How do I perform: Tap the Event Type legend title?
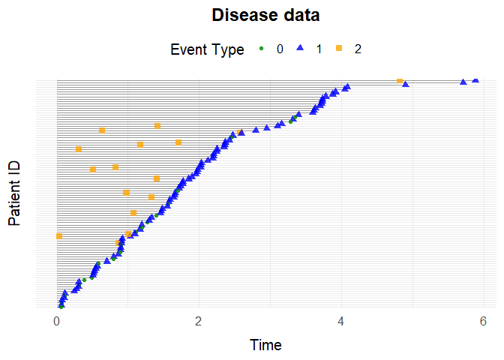pyautogui.click(x=207, y=50)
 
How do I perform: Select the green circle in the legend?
pyautogui.click(x=262, y=49)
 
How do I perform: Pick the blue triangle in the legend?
pyautogui.click(x=300, y=49)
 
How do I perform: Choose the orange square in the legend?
pyautogui.click(x=339, y=49)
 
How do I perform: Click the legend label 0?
pyautogui.click(x=280, y=50)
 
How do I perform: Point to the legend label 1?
pyautogui.click(x=319, y=50)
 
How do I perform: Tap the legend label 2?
pyautogui.click(x=358, y=50)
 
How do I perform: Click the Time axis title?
pyautogui.click(x=266, y=345)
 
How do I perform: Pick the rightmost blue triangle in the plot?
pyautogui.click(x=475, y=79)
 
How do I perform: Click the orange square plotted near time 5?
pyautogui.click(x=400, y=81)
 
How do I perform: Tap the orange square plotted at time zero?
pyautogui.click(x=59, y=236)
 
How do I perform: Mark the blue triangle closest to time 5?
pyautogui.click(x=406, y=85)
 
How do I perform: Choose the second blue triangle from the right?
pyautogui.click(x=463, y=81)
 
